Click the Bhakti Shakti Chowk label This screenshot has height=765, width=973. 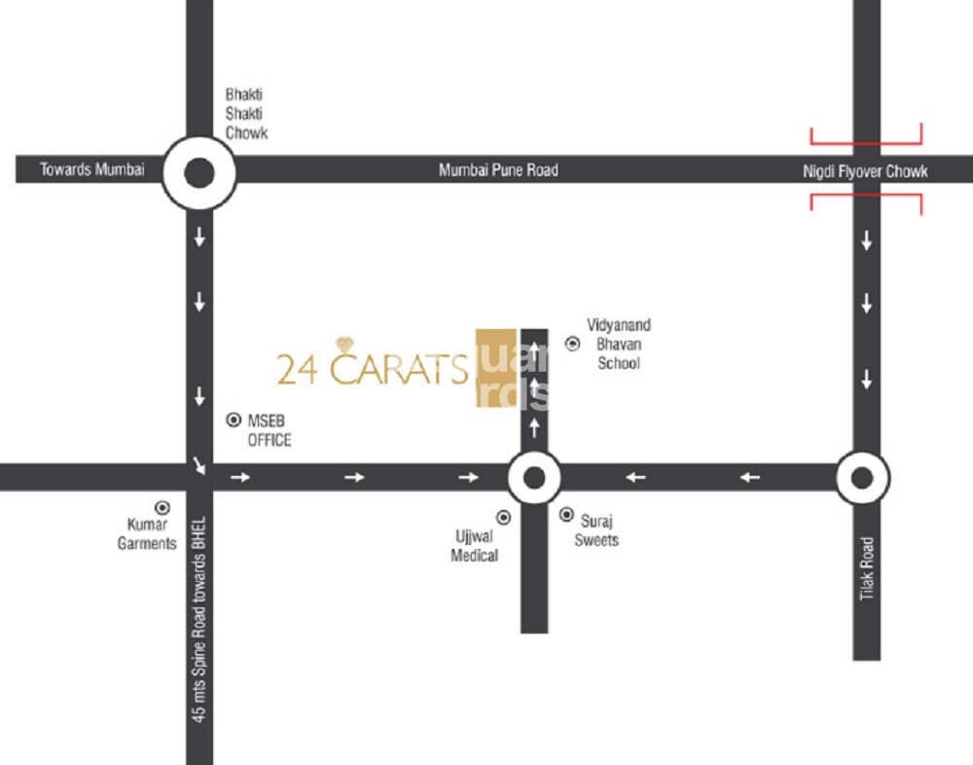tap(246, 113)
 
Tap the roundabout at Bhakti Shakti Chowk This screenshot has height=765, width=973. tap(199, 173)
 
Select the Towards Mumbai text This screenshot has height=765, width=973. tap(91, 169)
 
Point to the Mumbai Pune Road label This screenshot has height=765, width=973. tap(498, 169)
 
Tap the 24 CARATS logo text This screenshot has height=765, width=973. tap(372, 370)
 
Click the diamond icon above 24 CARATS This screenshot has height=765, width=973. tap(346, 345)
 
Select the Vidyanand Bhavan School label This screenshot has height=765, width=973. tap(618, 344)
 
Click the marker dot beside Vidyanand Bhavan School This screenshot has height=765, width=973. tap(572, 343)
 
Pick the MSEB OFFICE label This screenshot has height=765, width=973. tap(269, 430)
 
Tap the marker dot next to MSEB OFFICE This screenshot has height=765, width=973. tap(234, 420)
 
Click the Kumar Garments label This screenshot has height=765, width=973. tap(147, 534)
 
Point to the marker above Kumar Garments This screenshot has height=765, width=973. tap(162, 507)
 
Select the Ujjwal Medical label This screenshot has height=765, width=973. tap(475, 546)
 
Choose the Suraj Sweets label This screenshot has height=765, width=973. tap(595, 530)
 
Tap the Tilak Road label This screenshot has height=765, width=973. tap(867, 568)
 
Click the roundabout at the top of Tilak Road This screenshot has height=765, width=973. tap(862, 477)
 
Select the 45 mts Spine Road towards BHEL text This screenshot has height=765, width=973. tap(199, 617)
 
